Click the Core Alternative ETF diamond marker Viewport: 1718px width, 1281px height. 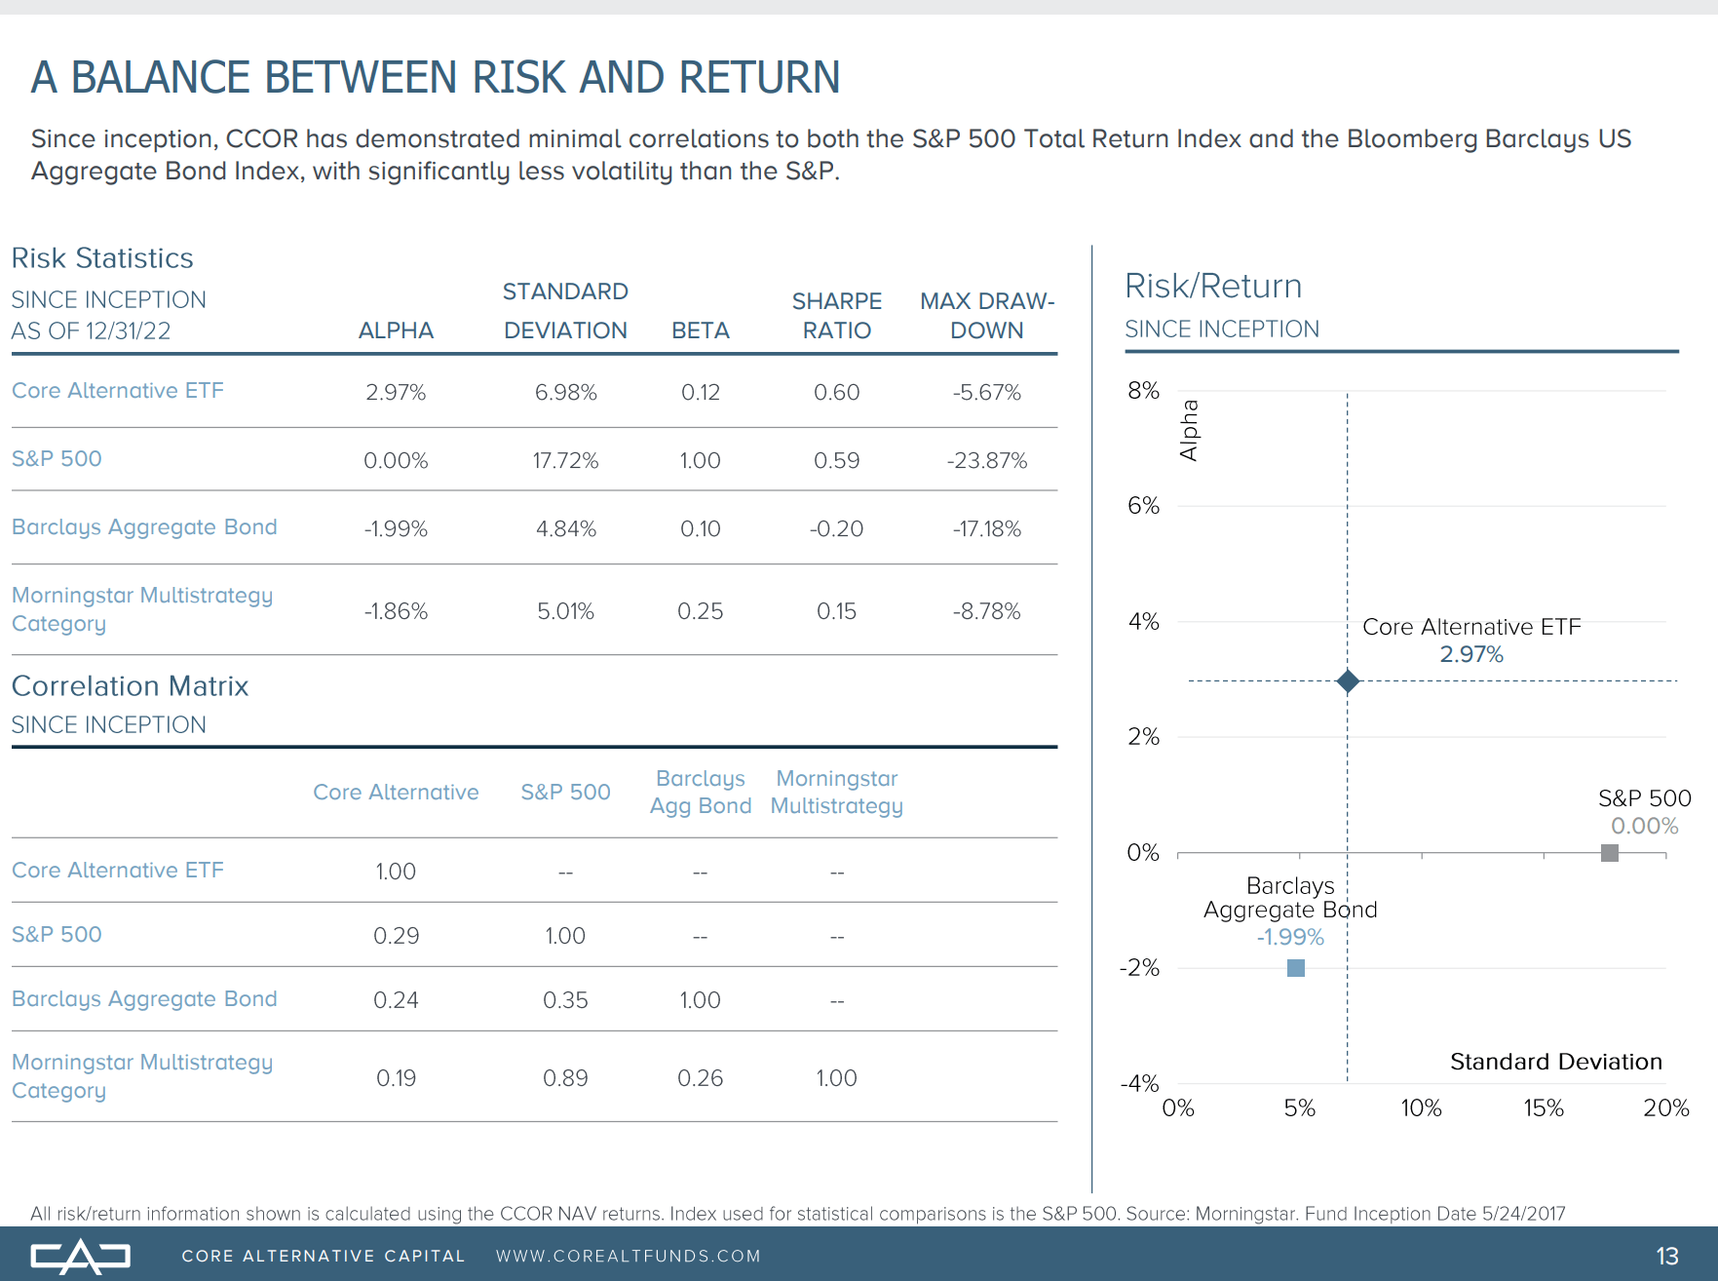[x=1348, y=681]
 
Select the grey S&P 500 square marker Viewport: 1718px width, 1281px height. [x=1610, y=853]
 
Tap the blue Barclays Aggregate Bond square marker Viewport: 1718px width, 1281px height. [x=1296, y=968]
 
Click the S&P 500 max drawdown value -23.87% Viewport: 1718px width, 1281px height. [x=986, y=460]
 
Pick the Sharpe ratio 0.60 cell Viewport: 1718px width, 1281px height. [x=836, y=392]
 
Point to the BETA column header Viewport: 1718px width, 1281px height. [x=700, y=330]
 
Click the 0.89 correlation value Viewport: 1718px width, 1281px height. [x=565, y=1078]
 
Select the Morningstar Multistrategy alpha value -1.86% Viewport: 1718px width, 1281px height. [x=396, y=611]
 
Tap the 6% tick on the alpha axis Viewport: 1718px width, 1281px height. [x=1143, y=506]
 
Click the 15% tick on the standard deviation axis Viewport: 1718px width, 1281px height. [x=1544, y=1108]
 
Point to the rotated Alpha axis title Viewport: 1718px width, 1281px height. [x=1189, y=430]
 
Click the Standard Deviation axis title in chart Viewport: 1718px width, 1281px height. [x=1555, y=1062]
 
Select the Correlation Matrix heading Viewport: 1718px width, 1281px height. [x=131, y=686]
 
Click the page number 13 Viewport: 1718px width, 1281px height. [x=1666, y=1257]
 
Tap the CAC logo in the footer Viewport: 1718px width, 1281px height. [x=80, y=1257]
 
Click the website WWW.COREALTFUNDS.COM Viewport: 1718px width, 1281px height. [x=628, y=1257]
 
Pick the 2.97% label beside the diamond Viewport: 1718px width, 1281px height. [x=1471, y=654]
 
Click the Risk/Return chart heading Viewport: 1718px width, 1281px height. [x=1213, y=287]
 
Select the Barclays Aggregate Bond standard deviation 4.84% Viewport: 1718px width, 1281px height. [x=565, y=528]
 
